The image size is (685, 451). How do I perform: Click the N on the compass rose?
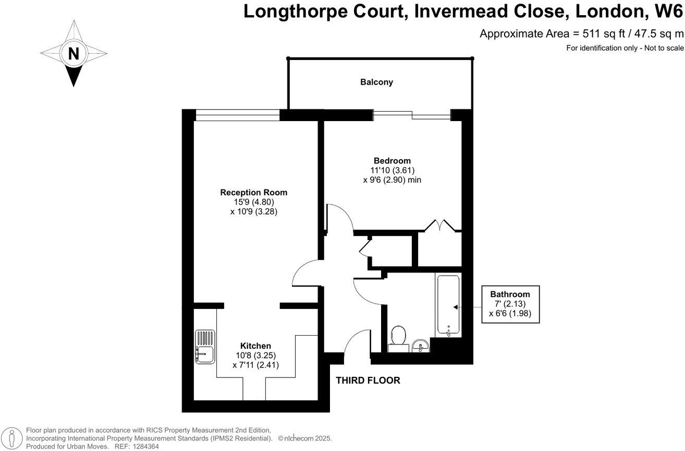tap(74, 53)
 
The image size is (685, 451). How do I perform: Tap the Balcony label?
tap(376, 82)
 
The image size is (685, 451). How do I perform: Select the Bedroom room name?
tap(392, 160)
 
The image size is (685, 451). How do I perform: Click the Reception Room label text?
tap(253, 192)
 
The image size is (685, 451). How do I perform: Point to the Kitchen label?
tap(255, 346)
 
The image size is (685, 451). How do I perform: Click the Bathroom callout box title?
tap(509, 294)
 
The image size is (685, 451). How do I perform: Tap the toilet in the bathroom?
tap(399, 336)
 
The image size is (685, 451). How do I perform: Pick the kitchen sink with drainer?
tap(205, 347)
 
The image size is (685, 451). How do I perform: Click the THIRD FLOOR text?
tap(368, 381)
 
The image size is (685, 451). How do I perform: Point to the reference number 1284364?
tap(144, 447)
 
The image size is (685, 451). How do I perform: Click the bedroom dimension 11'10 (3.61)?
tap(392, 170)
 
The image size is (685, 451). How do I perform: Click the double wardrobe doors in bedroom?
tap(441, 225)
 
